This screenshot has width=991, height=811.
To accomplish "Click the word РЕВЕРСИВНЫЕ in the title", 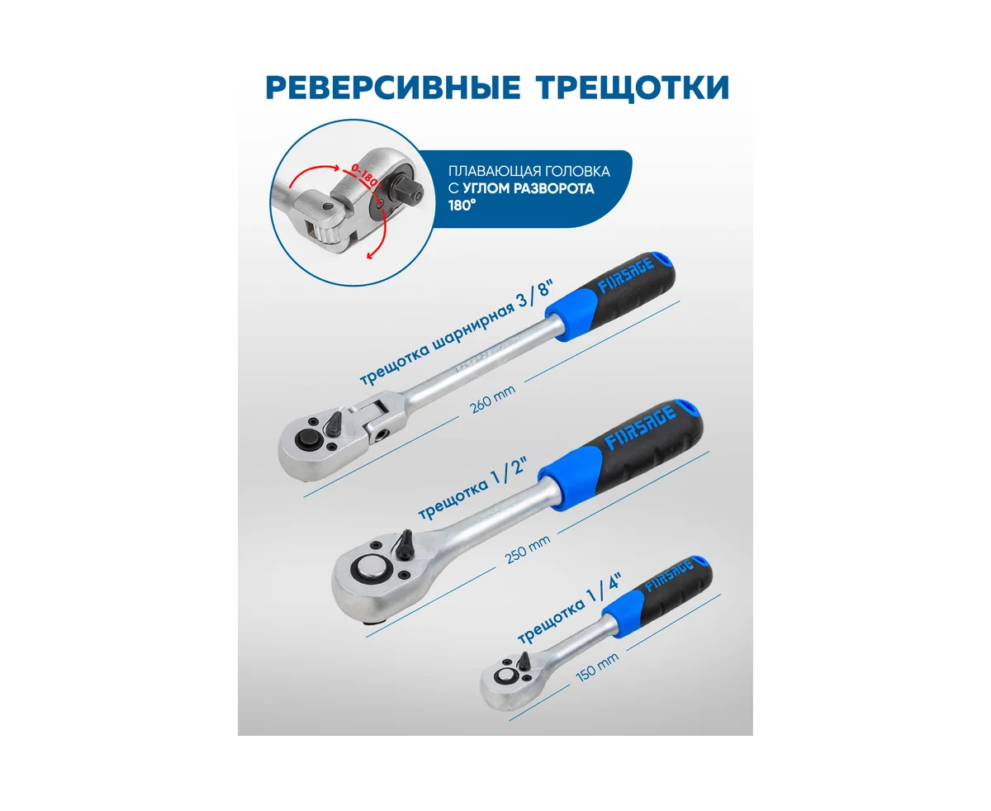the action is (393, 88).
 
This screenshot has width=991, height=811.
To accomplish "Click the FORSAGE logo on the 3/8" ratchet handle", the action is (625, 275).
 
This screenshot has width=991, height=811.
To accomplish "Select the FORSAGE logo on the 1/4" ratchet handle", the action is (669, 576).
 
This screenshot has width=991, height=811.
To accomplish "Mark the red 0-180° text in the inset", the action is (366, 176).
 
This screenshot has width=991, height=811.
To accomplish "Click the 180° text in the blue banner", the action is (462, 206).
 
